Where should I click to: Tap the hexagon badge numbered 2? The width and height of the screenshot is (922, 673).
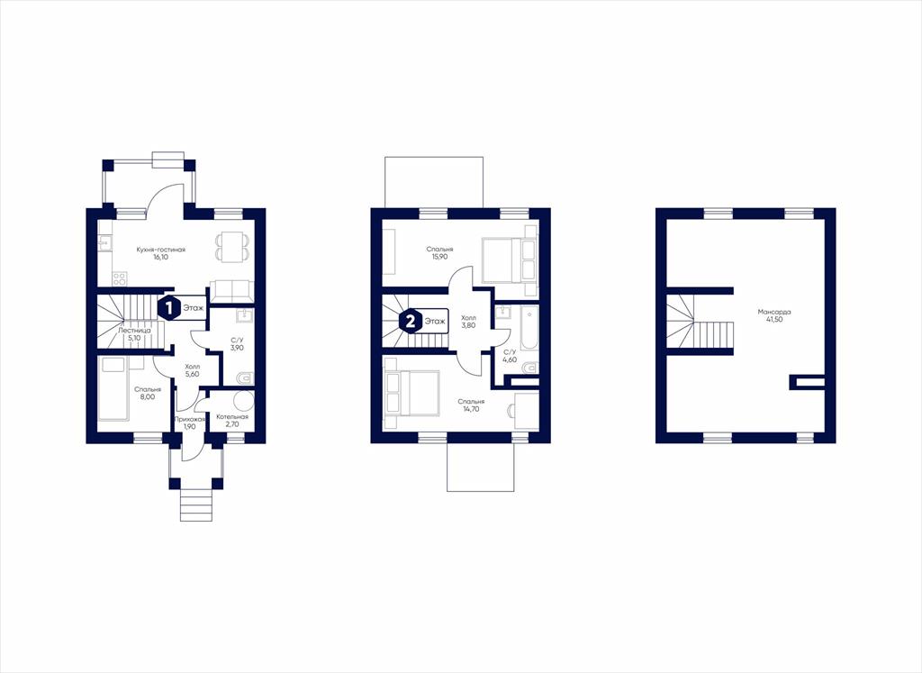tap(411, 322)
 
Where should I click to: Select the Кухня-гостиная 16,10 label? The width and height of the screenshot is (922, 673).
tap(160, 253)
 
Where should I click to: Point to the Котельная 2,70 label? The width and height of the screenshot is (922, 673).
tap(231, 420)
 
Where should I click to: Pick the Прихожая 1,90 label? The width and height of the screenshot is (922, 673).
tap(189, 423)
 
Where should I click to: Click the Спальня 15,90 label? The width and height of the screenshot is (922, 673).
tap(439, 253)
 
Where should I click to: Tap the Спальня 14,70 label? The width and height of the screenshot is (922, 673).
tap(471, 405)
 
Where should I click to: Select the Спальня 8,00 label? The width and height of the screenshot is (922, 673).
tap(148, 393)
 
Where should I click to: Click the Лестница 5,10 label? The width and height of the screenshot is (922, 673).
tap(135, 334)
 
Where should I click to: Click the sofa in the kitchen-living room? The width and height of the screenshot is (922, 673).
tap(231, 291)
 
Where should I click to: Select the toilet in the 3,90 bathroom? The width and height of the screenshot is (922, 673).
tap(245, 377)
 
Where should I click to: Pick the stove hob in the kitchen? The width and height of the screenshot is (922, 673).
tap(120, 277)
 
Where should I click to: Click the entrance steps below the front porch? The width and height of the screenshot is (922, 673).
tap(195, 505)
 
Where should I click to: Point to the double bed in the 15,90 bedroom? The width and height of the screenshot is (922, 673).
tap(510, 259)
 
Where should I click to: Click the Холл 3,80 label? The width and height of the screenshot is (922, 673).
tap(468, 322)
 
